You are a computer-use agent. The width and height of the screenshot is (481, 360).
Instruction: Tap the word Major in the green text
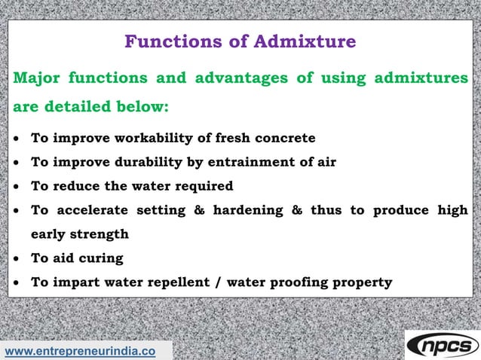(37, 78)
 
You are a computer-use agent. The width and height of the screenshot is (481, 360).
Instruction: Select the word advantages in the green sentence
(231, 78)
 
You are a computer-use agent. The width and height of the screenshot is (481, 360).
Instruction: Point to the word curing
(100, 258)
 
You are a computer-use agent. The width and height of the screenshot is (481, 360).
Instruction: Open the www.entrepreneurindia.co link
(80, 351)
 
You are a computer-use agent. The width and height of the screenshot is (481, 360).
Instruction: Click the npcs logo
(443, 345)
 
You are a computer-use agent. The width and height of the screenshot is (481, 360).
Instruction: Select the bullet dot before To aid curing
(17, 259)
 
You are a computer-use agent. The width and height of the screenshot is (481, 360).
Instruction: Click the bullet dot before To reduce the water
(17, 187)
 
